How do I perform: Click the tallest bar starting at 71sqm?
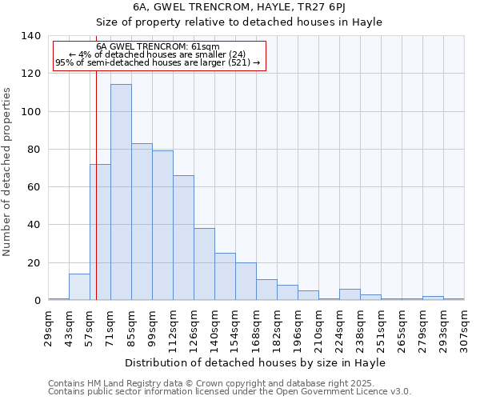click(x=121, y=192)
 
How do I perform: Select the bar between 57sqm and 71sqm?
click(x=100, y=232)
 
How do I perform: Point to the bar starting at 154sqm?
click(x=246, y=282)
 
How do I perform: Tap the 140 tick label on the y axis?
click(x=31, y=36)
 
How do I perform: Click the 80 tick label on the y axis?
click(x=34, y=150)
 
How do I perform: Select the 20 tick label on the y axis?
click(x=34, y=263)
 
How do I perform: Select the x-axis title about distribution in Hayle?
click(x=255, y=363)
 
